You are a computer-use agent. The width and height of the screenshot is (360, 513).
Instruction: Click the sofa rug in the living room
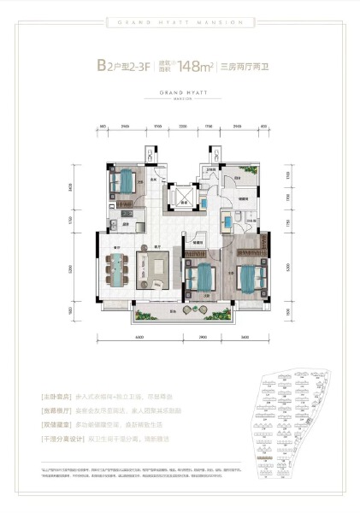156,272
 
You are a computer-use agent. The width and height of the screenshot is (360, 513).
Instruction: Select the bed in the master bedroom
248,280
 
